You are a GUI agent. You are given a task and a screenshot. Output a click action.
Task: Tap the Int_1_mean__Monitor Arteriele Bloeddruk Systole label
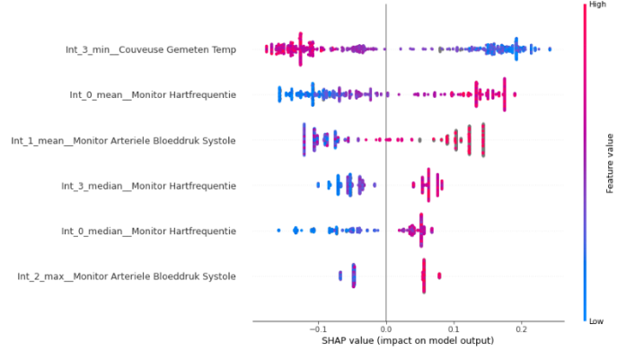(123, 140)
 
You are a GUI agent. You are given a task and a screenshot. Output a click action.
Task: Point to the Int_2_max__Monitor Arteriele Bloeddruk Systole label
(127, 277)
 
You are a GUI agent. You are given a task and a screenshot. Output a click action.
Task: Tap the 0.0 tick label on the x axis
(386, 329)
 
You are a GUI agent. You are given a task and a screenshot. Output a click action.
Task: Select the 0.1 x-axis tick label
(454, 329)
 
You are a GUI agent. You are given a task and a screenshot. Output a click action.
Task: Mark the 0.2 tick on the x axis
(521, 329)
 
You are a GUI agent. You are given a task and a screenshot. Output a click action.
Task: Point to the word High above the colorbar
(596, 5)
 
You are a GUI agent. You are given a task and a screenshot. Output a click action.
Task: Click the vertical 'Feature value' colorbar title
(612, 162)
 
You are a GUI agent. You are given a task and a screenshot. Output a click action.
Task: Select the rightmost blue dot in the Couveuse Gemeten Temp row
(550, 49)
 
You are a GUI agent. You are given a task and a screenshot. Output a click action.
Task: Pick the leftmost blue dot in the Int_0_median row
(279, 231)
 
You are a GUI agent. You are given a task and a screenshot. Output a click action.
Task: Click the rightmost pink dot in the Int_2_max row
(439, 276)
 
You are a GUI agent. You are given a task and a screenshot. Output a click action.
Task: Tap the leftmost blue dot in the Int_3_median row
(318, 186)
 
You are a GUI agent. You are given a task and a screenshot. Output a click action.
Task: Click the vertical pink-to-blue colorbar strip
(586, 162)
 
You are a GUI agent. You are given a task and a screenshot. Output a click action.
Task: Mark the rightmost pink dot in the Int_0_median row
(432, 231)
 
